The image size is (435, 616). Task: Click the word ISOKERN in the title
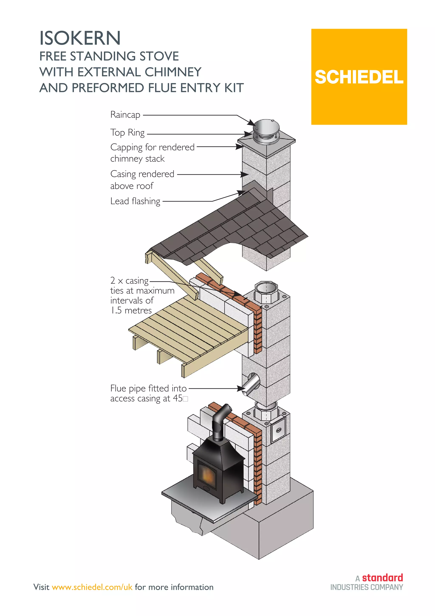[80, 38]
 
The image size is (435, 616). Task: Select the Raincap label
[125, 115]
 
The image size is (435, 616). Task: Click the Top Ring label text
[127, 133]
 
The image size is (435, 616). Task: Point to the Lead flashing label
[135, 201]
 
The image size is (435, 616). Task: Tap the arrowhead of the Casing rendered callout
[244, 174]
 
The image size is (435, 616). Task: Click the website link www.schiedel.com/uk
[92, 587]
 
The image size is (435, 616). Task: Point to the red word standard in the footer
[382, 577]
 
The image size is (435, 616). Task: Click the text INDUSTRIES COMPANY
[366, 587]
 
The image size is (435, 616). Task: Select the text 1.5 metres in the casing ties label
[131, 310]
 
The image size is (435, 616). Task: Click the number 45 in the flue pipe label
[178, 398]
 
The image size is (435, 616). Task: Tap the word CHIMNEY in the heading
[173, 72]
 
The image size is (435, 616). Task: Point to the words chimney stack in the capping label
[137, 158]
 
